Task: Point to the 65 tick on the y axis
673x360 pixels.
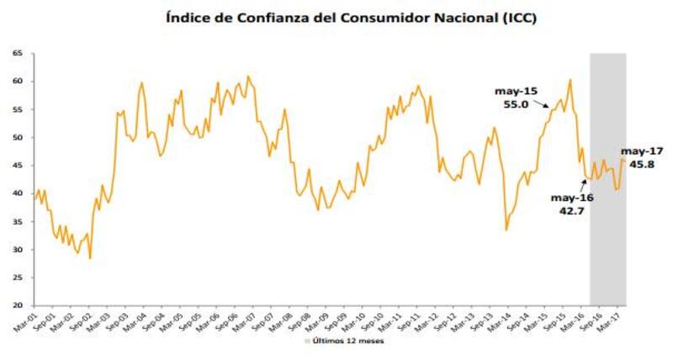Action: coord(16,54)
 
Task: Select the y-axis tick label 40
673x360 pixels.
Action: coord(16,193)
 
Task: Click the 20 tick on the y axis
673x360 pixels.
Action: coord(16,305)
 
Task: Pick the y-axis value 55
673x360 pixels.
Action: coord(16,109)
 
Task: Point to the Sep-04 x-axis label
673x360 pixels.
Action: coord(156,322)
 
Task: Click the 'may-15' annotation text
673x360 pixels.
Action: coord(515,91)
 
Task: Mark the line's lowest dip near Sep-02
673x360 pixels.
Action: coord(90,257)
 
